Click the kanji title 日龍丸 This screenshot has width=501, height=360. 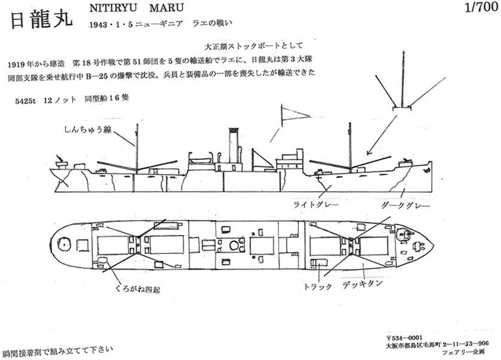41,19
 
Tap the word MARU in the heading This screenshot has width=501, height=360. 164,8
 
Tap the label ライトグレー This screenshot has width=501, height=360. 316,205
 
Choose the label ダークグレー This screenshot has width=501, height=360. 399,205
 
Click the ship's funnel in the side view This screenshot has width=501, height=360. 233,146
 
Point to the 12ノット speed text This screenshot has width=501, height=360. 60,100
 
